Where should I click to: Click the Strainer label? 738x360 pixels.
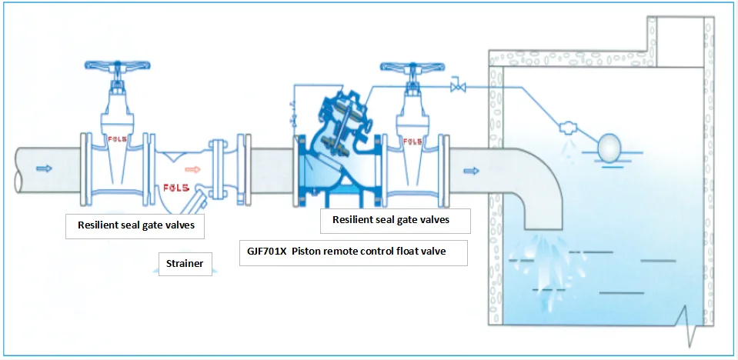coord(185,264)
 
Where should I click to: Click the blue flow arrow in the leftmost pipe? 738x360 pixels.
coord(45,168)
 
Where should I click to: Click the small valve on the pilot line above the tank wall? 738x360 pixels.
coord(459,86)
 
